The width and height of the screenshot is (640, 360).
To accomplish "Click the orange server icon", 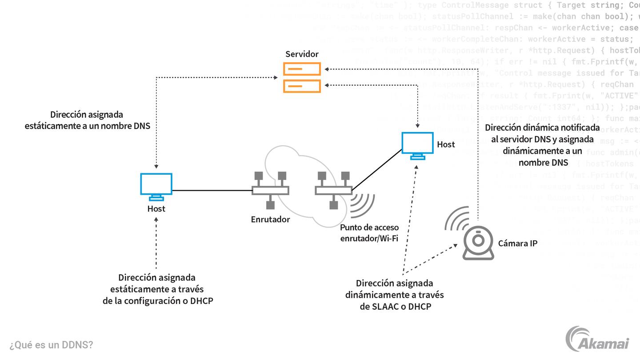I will [302, 77].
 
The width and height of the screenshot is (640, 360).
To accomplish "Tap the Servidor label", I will [302, 54].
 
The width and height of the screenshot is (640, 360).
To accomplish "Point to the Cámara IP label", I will [518, 243].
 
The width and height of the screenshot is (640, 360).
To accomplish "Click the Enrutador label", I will [270, 219].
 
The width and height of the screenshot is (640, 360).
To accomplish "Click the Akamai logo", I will [598, 339].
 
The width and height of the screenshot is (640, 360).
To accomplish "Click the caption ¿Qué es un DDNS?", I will [51, 345].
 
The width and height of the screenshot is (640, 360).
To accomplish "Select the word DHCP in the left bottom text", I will [201, 301].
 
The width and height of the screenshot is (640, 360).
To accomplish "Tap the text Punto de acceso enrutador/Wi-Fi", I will [369, 233].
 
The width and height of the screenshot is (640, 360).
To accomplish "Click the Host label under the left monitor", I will [156, 208].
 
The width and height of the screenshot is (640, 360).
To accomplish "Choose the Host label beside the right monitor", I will [446, 144].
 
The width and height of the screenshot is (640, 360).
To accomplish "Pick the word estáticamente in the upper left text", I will [50, 126].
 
